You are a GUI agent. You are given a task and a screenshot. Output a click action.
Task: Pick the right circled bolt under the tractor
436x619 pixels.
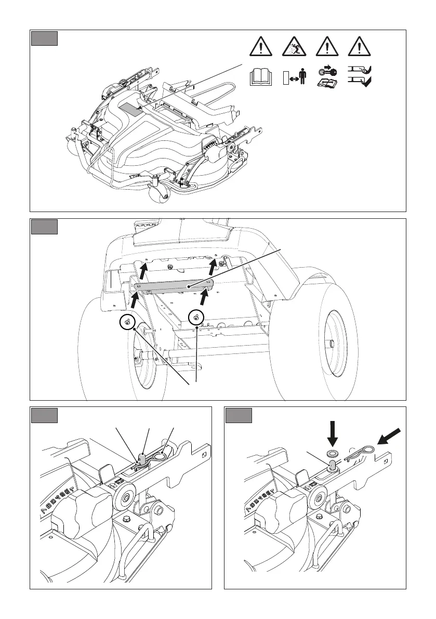pyautogui.click(x=196, y=318)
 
